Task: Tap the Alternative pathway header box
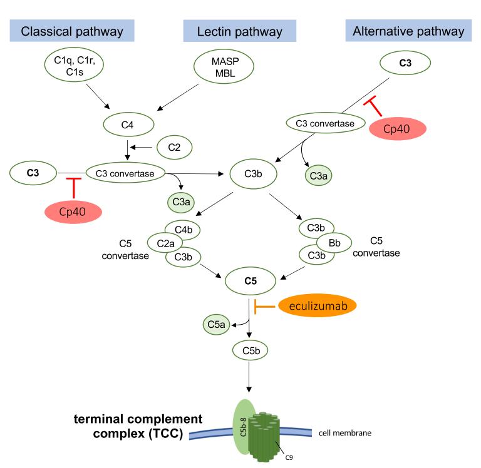[x=408, y=30]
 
